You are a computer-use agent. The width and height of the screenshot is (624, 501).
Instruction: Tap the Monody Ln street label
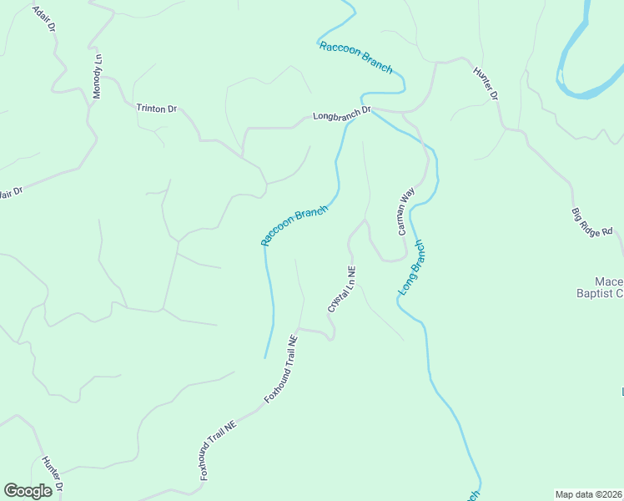(x=98, y=77)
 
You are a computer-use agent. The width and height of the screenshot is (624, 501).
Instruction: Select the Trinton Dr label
(x=157, y=109)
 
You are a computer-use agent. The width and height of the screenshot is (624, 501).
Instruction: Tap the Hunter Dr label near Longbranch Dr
(x=486, y=84)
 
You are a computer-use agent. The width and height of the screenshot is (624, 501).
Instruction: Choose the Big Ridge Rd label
(x=592, y=221)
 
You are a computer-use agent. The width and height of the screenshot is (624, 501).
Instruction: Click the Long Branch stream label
(x=412, y=268)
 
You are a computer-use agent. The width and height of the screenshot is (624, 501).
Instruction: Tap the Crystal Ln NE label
(x=342, y=290)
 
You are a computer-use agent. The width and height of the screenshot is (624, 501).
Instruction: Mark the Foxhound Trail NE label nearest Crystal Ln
(x=281, y=370)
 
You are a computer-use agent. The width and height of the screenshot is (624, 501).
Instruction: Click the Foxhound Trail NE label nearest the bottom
(x=219, y=448)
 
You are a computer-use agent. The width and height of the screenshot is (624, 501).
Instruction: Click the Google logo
(x=28, y=491)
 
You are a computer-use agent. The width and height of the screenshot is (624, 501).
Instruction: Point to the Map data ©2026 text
(x=588, y=494)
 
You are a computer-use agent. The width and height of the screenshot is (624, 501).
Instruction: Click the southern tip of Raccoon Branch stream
(x=266, y=357)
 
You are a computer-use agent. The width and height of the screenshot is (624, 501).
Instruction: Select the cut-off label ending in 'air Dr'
(x=10, y=192)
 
